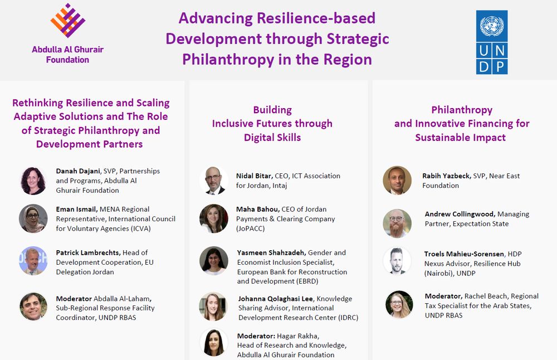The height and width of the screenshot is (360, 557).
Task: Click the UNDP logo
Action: (492, 42)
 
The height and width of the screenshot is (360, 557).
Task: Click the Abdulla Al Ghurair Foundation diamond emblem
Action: (67, 21)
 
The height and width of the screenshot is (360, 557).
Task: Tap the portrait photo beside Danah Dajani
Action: (33, 181)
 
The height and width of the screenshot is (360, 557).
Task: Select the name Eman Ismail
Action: (76, 210)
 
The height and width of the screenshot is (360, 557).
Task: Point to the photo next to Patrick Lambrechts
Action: (33, 261)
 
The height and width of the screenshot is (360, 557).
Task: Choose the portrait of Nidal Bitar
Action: (213, 181)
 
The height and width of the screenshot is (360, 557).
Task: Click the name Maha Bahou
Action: (258, 210)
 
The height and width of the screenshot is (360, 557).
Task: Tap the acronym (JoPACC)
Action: (251, 228)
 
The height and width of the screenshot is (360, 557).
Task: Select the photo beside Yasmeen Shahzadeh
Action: (213, 261)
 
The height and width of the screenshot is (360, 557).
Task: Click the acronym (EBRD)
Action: (307, 281)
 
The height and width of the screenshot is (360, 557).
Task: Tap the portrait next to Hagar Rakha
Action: (213, 342)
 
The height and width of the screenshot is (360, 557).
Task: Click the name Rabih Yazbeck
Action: (447, 176)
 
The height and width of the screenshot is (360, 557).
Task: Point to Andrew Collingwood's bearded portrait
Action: (397, 223)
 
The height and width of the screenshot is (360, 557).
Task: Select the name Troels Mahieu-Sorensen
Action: (464, 254)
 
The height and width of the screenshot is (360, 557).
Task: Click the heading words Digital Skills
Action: (272, 138)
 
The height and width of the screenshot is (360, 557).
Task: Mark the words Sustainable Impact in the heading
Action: (461, 138)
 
